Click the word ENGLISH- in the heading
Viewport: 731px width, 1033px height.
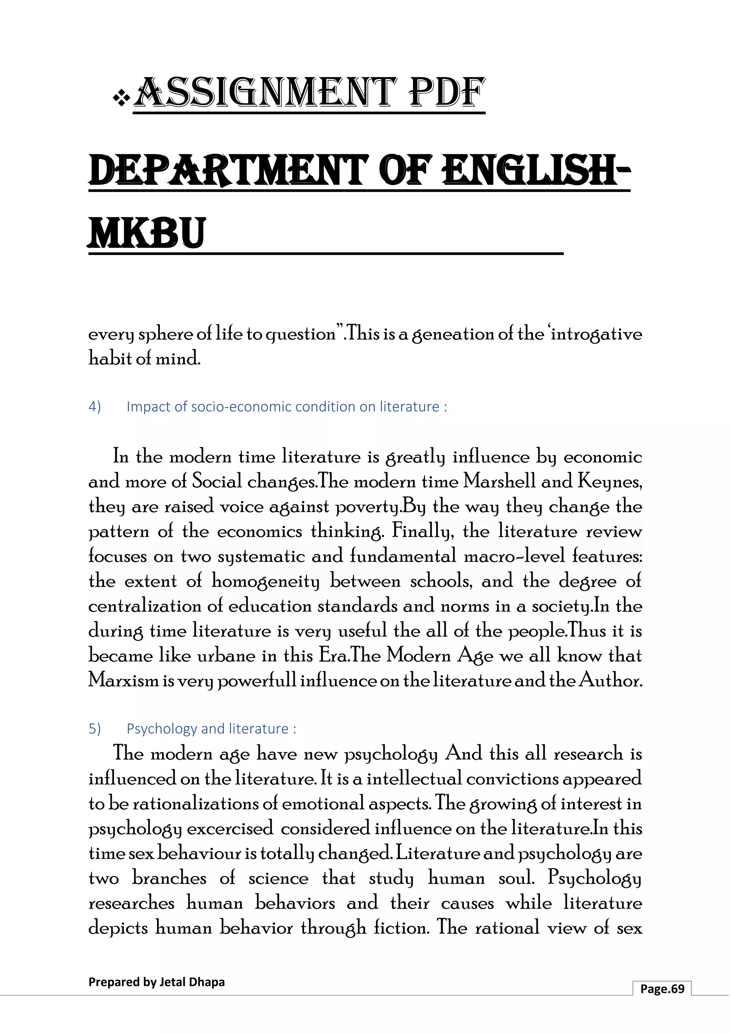click(x=536, y=171)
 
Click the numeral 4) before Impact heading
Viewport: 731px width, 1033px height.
click(x=95, y=407)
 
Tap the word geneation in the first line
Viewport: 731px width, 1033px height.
click(x=452, y=335)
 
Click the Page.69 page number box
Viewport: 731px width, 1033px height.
click(x=662, y=988)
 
